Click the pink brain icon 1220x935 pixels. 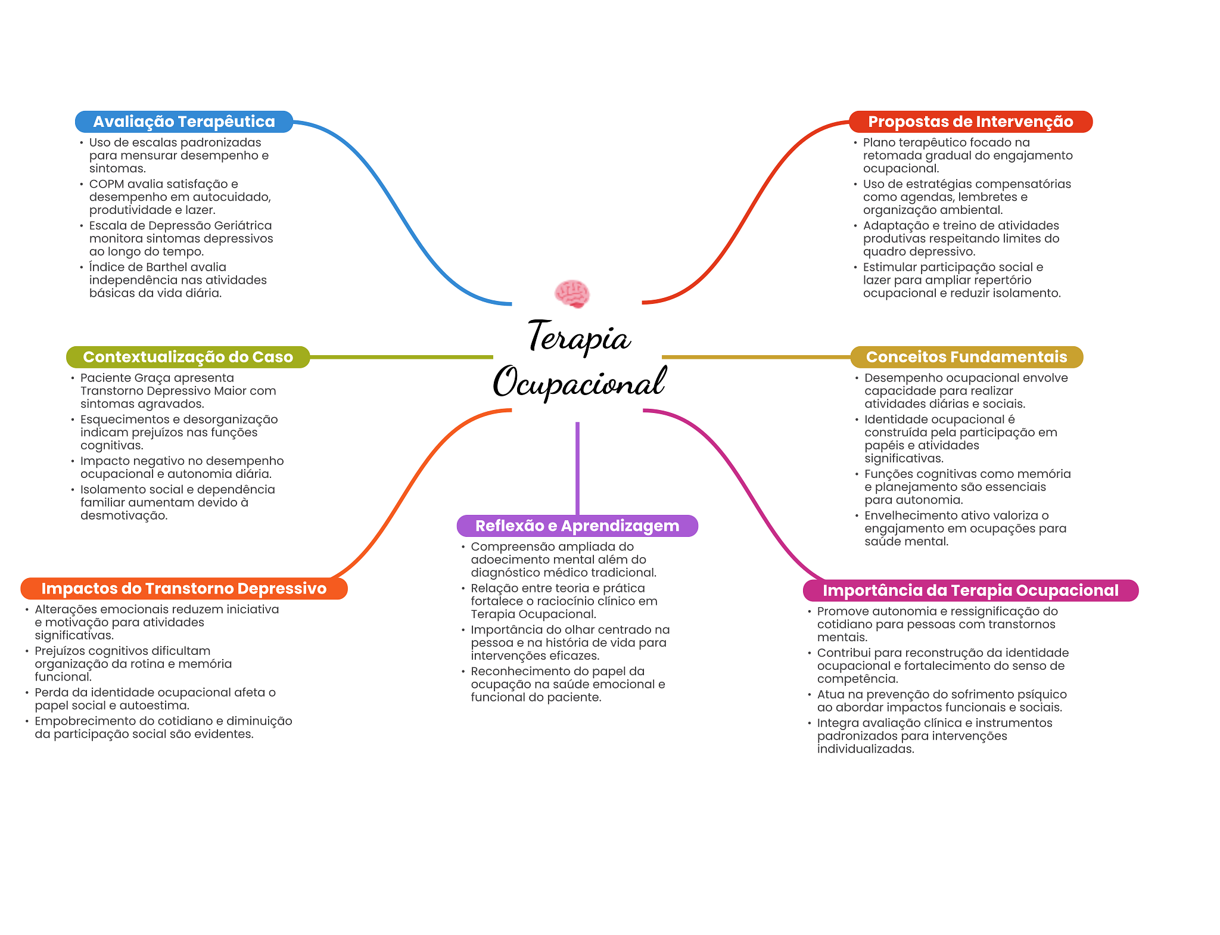[x=572, y=294]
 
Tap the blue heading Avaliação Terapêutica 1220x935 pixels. [x=184, y=122]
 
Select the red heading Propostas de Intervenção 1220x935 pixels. [x=970, y=122]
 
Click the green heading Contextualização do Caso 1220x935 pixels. [x=188, y=357]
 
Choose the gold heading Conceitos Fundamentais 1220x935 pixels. [x=966, y=357]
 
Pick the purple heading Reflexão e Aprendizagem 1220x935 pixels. [x=577, y=526]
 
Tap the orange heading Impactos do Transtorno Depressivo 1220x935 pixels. [x=184, y=589]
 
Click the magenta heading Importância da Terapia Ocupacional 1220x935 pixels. [x=970, y=591]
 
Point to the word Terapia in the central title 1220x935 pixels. [x=579, y=337]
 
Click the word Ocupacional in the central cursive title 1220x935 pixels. [x=579, y=382]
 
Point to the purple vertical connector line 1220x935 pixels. [x=577, y=468]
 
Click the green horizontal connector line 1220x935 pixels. [x=402, y=357]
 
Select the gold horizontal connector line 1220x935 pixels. [x=757, y=357]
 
